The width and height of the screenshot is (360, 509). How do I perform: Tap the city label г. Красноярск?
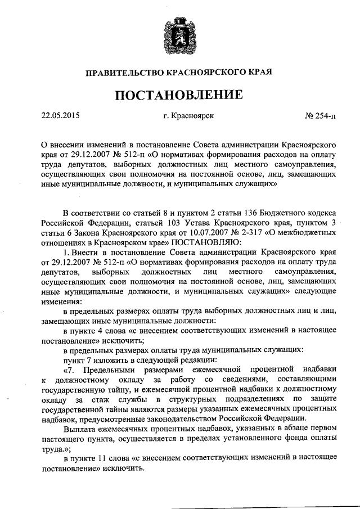188,116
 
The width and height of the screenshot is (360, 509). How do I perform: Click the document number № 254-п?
319,116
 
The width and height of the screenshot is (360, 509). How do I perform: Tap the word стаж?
97,398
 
